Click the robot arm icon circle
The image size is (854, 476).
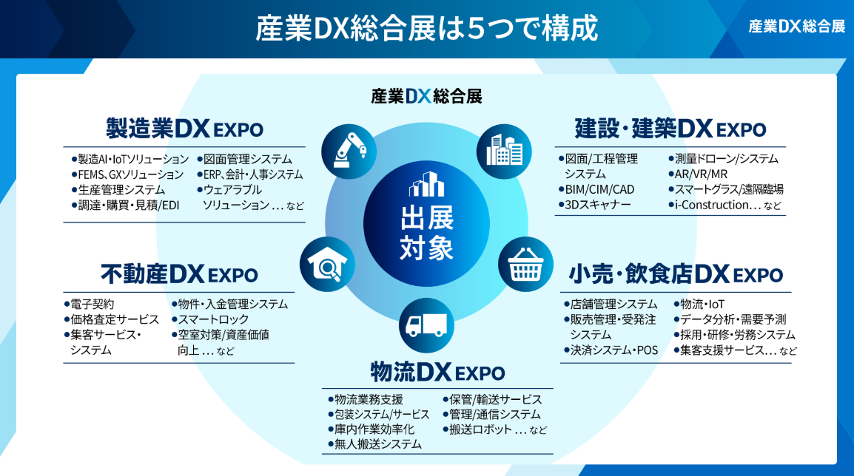pyautogui.click(x=349, y=152)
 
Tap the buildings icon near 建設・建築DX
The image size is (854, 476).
pyautogui.click(x=504, y=152)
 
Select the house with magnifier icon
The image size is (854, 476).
pyautogui.click(x=327, y=265)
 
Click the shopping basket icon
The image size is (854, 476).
pyautogui.click(x=525, y=265)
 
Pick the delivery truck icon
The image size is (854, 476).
pyautogui.click(x=426, y=325)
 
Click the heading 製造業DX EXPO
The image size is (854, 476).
pyautogui.click(x=184, y=129)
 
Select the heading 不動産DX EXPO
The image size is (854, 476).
pyautogui.click(x=179, y=274)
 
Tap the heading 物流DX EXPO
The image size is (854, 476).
pyautogui.click(x=438, y=373)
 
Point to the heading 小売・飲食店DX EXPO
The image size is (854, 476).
pyautogui.click(x=676, y=274)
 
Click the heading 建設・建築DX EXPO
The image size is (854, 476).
pyautogui.click(x=670, y=129)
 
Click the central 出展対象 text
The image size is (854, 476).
pyautogui.click(x=426, y=233)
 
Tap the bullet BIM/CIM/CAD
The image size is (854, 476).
pyautogui.click(x=596, y=189)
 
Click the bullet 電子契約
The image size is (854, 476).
pyautogui.click(x=90, y=304)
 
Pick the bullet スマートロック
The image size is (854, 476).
pyautogui.click(x=210, y=319)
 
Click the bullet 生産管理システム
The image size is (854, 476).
pyautogui.click(x=118, y=190)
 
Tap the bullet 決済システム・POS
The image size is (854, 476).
pyautogui.click(x=611, y=350)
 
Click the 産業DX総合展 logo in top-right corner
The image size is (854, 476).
pyautogui.click(x=797, y=26)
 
